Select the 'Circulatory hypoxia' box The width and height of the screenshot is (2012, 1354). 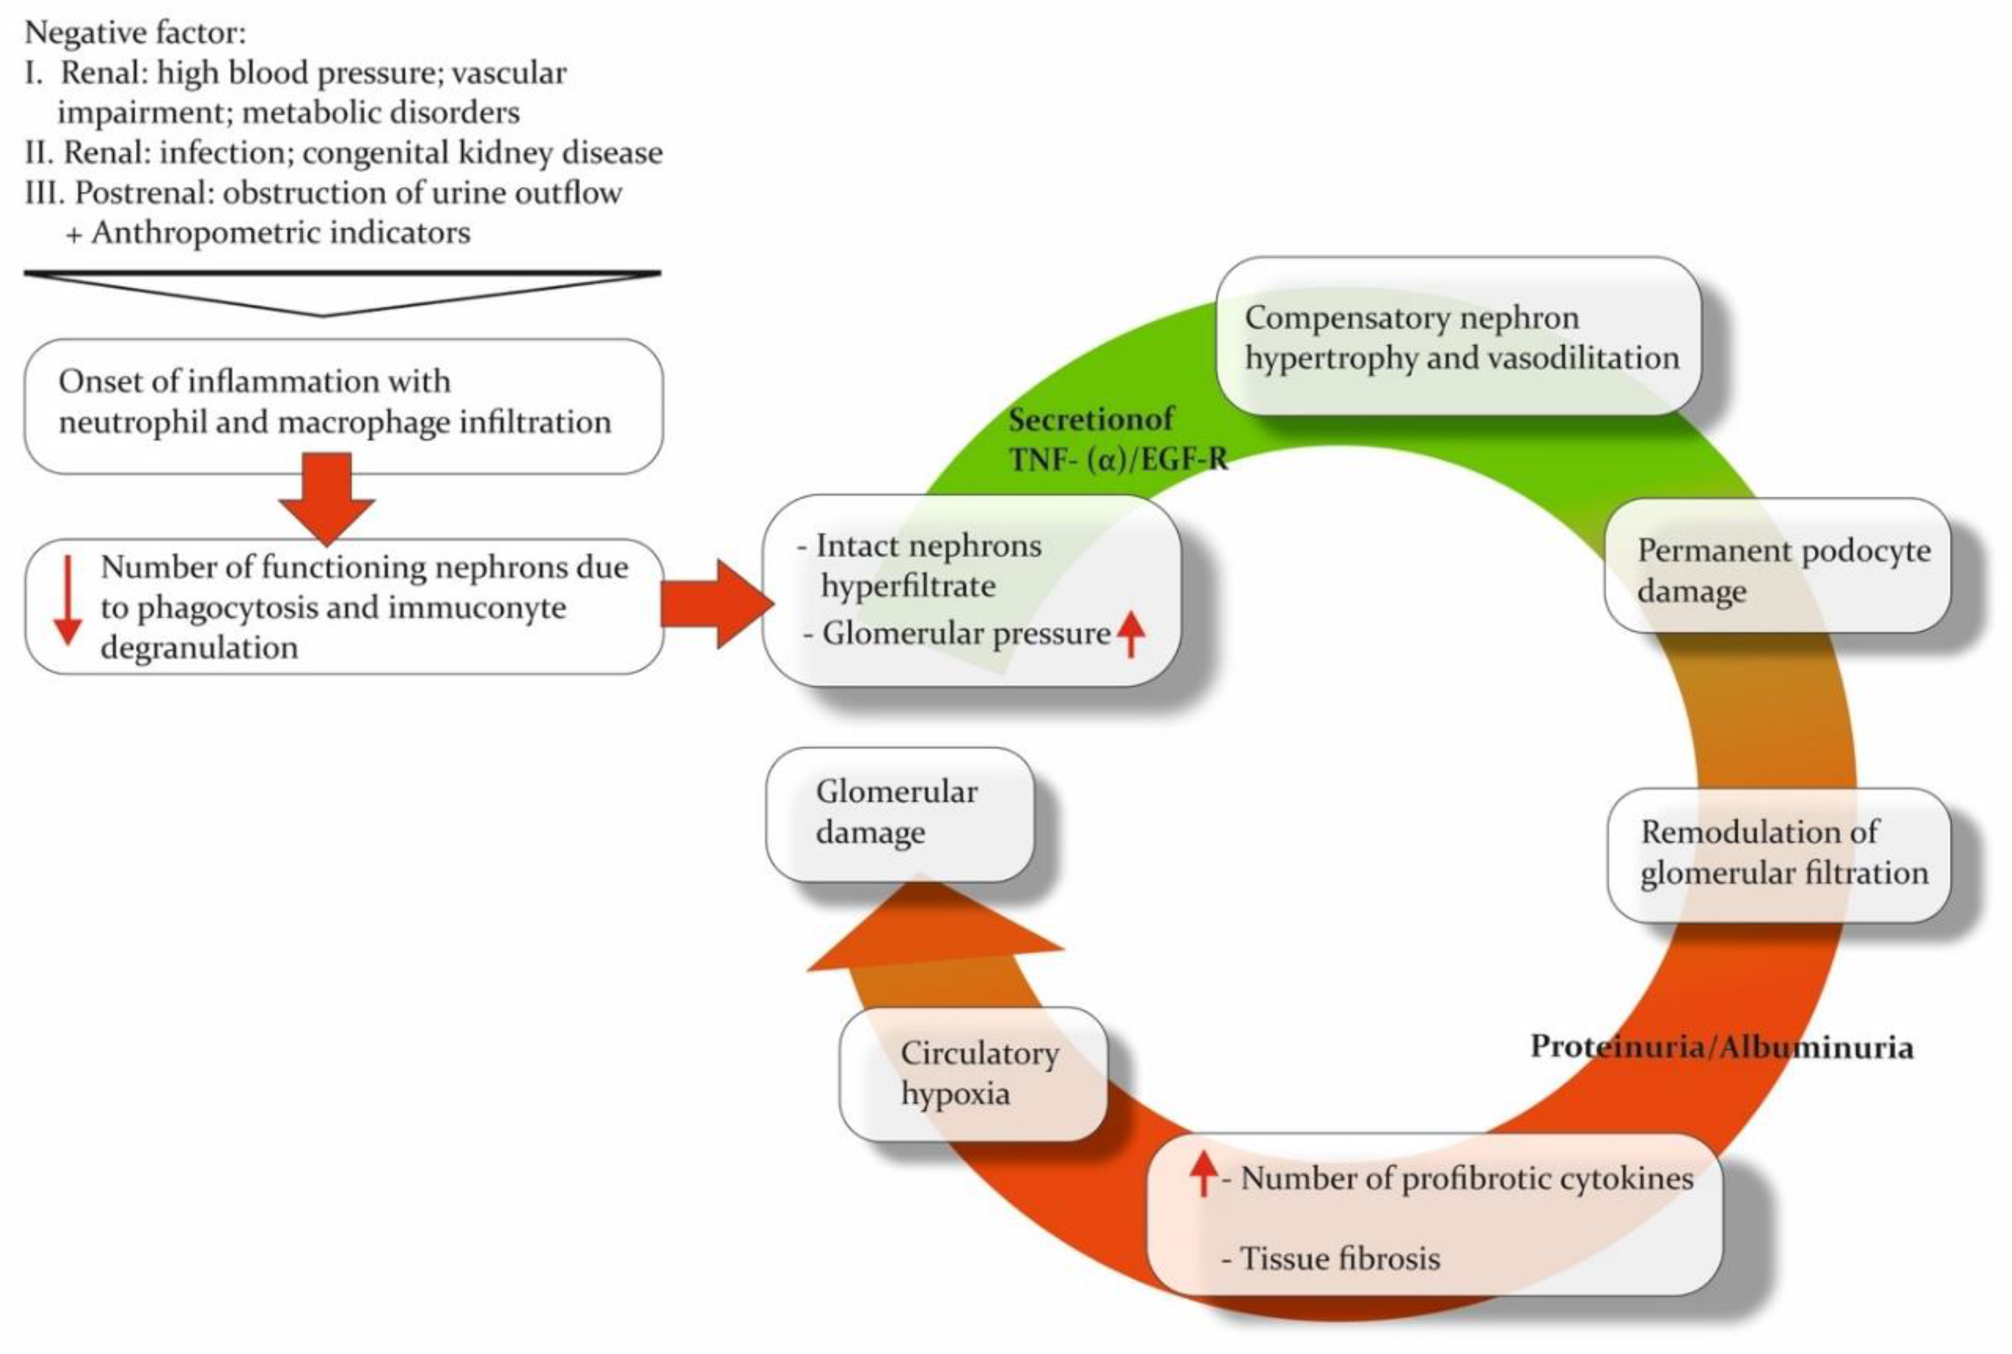point(972,1073)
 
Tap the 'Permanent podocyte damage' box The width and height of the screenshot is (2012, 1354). point(1777,566)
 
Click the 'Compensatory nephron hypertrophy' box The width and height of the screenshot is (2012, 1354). point(1458,337)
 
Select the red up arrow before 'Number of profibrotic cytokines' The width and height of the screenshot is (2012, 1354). point(1202,1174)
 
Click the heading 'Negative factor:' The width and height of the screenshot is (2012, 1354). point(135,33)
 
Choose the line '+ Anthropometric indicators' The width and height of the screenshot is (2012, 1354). point(268,233)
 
